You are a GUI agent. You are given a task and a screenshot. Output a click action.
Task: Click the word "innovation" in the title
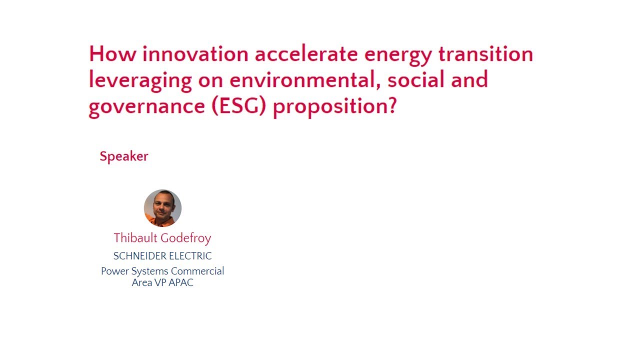(195, 54)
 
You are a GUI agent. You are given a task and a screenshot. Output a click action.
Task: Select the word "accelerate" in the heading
(306, 54)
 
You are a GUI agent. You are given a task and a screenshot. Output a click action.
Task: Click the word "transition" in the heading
(485, 54)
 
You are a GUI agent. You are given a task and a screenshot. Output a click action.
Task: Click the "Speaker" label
(124, 156)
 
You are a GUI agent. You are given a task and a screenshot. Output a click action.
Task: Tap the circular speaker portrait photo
(162, 208)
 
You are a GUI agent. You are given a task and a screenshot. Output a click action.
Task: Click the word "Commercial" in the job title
(197, 271)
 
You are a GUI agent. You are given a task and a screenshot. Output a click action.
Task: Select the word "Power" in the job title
(114, 271)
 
